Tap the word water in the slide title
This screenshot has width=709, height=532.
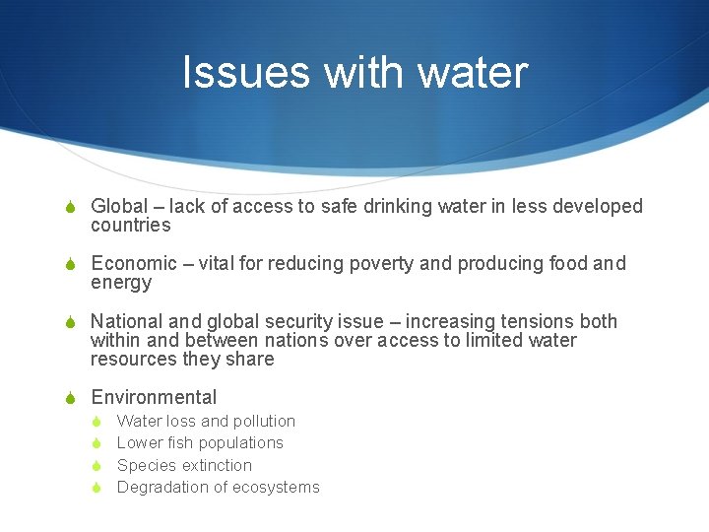(473, 73)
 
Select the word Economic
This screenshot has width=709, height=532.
(132, 264)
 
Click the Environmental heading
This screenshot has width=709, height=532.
(154, 397)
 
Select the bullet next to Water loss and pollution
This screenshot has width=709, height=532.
(97, 422)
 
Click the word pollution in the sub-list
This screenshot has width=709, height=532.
(263, 421)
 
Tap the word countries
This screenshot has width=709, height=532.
(131, 226)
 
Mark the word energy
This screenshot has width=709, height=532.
(121, 283)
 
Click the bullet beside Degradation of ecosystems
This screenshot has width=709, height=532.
(97, 488)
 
